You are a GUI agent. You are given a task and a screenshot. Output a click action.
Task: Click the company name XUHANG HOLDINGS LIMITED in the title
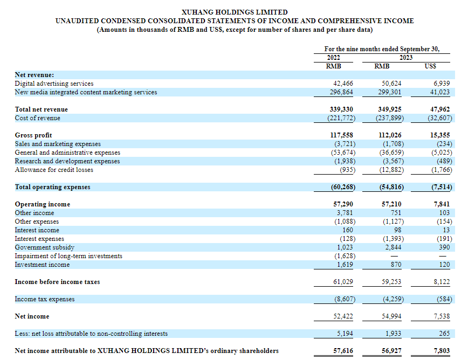point(235,12)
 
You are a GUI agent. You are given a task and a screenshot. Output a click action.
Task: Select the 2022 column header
point(334,57)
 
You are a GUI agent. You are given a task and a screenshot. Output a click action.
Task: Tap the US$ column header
point(431,66)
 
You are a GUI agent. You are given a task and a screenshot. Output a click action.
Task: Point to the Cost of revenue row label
point(37,118)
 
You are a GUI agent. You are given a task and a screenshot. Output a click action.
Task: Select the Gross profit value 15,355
point(439,135)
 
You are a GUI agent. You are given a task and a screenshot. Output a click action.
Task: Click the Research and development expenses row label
point(67,161)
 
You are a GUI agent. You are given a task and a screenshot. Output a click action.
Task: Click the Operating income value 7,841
point(441,204)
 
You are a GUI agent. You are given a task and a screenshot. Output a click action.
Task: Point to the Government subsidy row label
point(44,247)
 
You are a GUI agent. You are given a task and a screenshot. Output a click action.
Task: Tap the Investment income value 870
point(396,265)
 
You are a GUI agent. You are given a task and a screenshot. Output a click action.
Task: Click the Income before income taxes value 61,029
point(342,282)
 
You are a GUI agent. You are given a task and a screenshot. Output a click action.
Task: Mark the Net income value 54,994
point(391,316)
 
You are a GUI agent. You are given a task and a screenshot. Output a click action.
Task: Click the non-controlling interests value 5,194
point(344,334)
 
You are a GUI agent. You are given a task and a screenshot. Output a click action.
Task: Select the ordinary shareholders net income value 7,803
point(441,351)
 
